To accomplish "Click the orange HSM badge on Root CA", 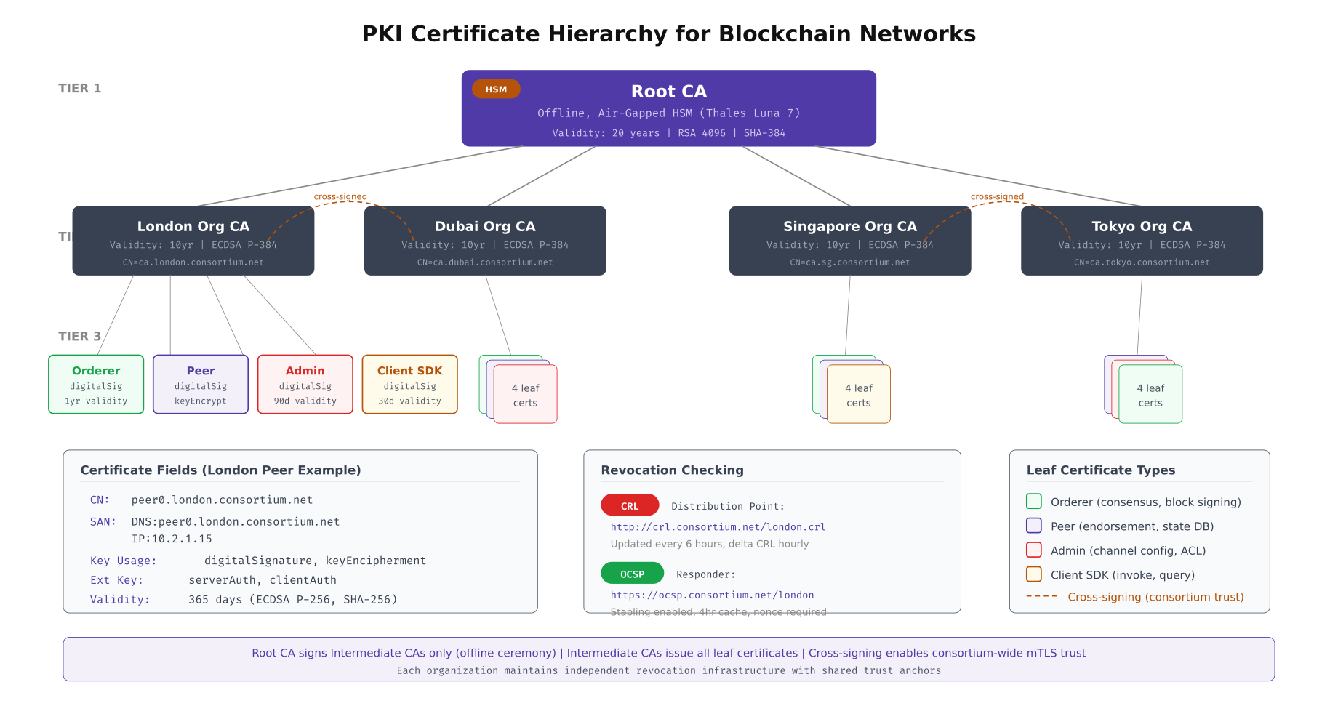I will point(496,89).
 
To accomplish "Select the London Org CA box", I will point(193,241).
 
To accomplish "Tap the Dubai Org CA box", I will point(485,241).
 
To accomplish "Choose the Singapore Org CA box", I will point(849,241).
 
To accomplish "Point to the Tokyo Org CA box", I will point(1142,241).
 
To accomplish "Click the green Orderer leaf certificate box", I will point(96,385).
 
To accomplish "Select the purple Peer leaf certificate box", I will point(201,385).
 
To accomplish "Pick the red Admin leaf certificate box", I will point(305,385).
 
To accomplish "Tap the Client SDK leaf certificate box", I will point(410,385).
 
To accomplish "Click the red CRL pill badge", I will point(630,505).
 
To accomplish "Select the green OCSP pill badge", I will point(632,574).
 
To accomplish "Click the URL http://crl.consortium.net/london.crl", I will point(718,527).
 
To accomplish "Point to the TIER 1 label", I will point(80,88).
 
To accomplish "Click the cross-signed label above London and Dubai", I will point(340,196).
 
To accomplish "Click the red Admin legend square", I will point(1033,550).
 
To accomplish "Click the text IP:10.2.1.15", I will point(172,539).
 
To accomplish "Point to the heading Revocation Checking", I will point(672,470).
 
